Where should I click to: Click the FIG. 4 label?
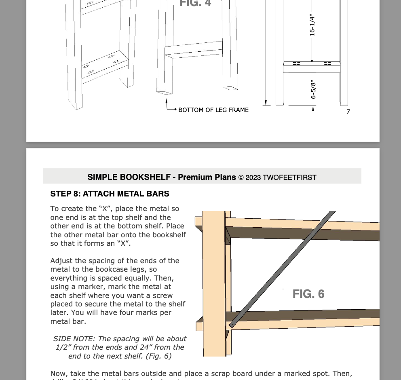click(195, 3)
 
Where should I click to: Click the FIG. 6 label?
click(308, 294)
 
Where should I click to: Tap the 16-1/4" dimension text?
click(312, 25)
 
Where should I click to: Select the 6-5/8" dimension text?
click(313, 89)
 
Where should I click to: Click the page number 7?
click(348, 112)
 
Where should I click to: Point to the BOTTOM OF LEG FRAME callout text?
click(213, 110)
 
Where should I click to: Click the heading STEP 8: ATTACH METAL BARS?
click(110, 194)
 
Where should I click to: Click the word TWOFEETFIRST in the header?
click(289, 177)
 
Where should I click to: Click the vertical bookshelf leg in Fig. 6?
click(213, 283)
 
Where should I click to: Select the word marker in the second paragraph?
click(89, 287)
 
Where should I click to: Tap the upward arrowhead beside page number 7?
click(313, 109)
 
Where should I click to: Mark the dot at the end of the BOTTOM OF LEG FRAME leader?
click(175, 110)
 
